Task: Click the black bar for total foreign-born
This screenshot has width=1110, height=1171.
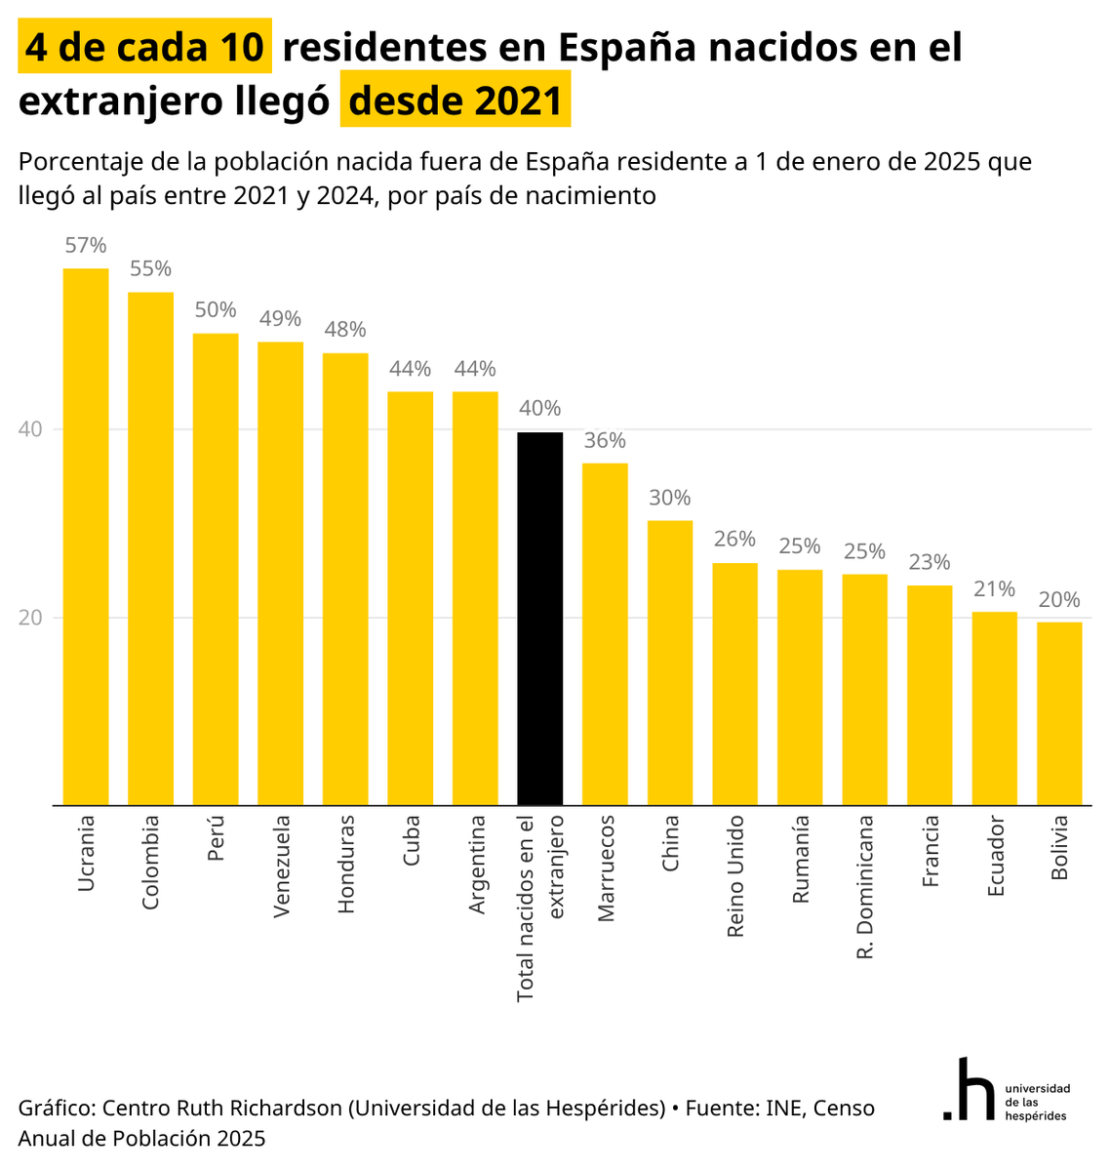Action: point(539,619)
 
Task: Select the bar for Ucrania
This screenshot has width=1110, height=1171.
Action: point(86,537)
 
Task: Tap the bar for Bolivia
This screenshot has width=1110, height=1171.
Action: point(1058,713)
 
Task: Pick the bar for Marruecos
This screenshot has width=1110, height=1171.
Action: point(605,633)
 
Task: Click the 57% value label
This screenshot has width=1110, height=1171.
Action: point(86,245)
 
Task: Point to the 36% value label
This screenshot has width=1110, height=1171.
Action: point(605,440)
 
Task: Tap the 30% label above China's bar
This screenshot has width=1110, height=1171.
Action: point(669,498)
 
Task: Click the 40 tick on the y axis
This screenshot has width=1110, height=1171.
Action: point(30,428)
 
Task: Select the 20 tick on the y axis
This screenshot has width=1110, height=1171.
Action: point(30,618)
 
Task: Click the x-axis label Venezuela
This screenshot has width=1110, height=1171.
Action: point(281,866)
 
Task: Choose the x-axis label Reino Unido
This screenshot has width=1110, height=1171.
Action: point(735,875)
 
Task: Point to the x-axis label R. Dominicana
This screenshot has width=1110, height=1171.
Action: point(864,887)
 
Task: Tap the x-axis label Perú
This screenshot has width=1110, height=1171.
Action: point(216,837)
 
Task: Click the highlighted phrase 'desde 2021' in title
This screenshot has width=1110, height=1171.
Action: point(456,100)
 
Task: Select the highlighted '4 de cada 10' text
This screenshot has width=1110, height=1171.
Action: point(144,46)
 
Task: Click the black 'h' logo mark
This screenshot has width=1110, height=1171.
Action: point(969,1089)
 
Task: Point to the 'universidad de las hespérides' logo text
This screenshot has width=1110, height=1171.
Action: point(1038,1102)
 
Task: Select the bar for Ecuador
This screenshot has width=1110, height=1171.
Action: point(994,708)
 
